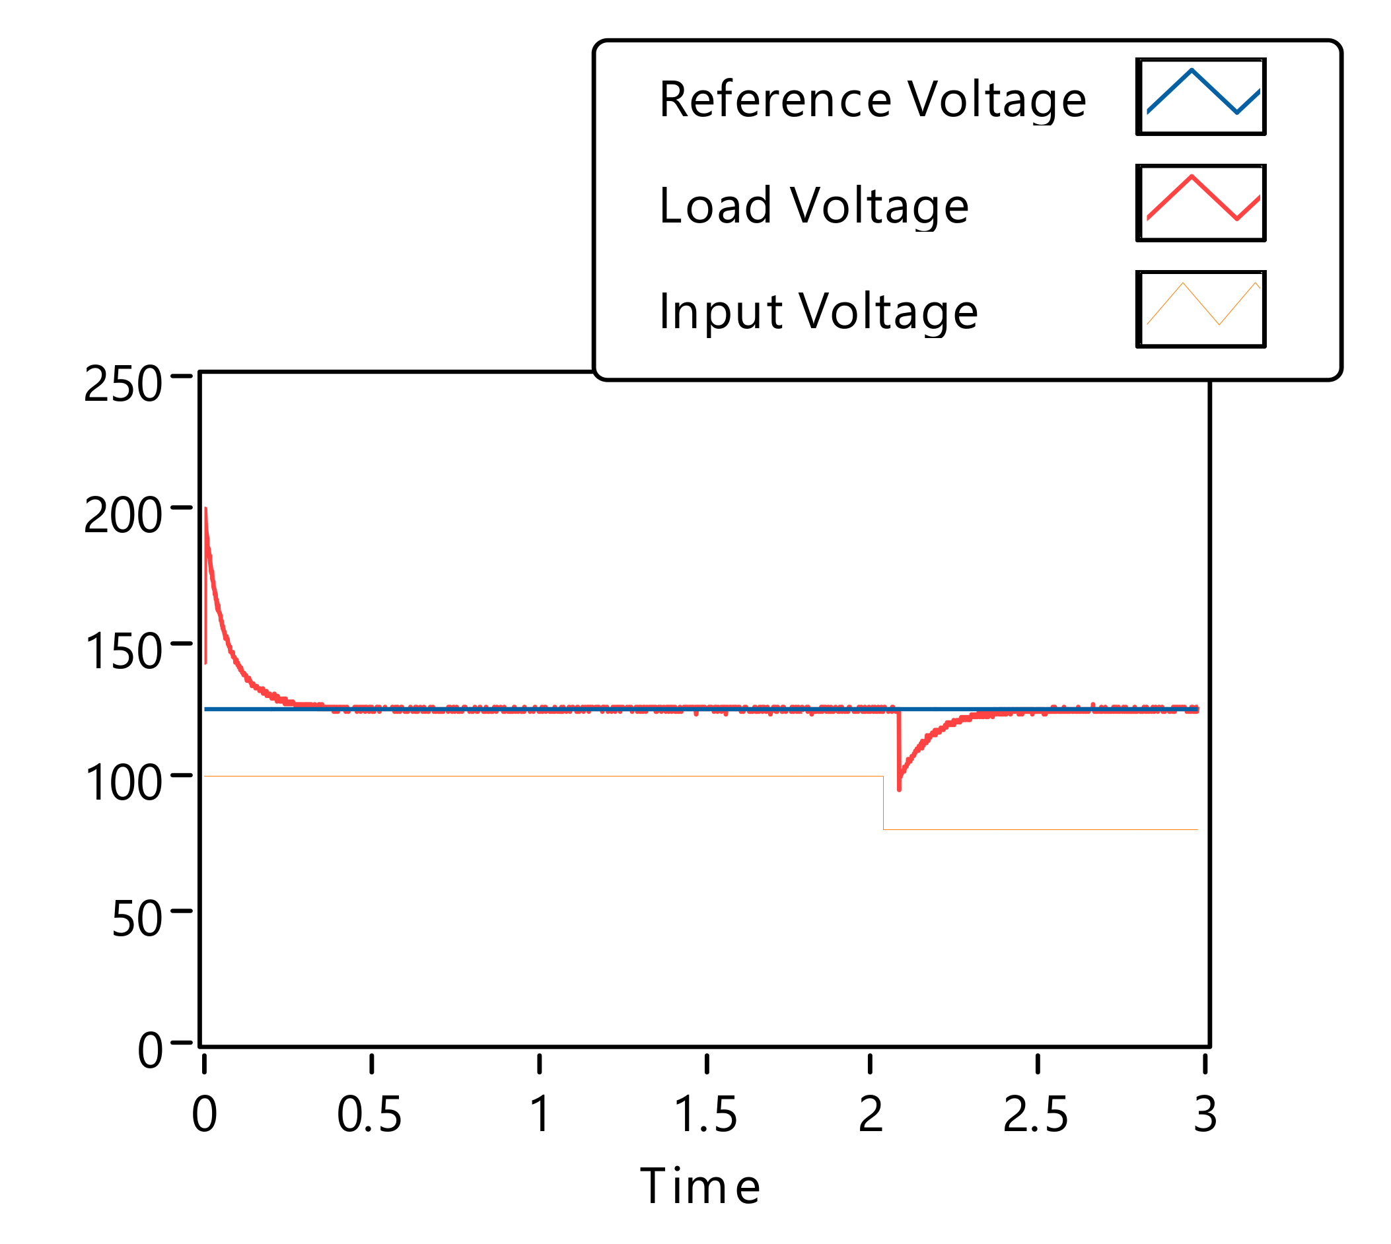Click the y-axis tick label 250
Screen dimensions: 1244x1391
[122, 384]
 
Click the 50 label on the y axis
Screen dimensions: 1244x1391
[136, 918]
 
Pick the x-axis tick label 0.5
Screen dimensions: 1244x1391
[369, 1115]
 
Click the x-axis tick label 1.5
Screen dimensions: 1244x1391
[705, 1115]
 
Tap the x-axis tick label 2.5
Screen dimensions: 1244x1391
[1036, 1115]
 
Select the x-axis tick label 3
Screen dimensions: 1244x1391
[1205, 1115]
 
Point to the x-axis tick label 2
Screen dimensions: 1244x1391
[870, 1115]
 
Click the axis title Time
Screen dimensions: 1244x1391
[700, 1186]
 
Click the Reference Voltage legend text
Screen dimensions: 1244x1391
[873, 100]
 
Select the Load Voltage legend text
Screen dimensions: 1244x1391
[814, 206]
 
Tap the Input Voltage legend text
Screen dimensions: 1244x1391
[818, 312]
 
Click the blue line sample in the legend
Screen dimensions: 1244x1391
[1201, 96]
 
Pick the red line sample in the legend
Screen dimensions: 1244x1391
[1201, 203]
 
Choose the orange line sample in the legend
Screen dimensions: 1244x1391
[1201, 309]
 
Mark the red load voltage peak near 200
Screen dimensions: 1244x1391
[206, 510]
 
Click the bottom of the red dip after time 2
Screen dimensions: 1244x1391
[899, 789]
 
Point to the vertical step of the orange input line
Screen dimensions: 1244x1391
[883, 802]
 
